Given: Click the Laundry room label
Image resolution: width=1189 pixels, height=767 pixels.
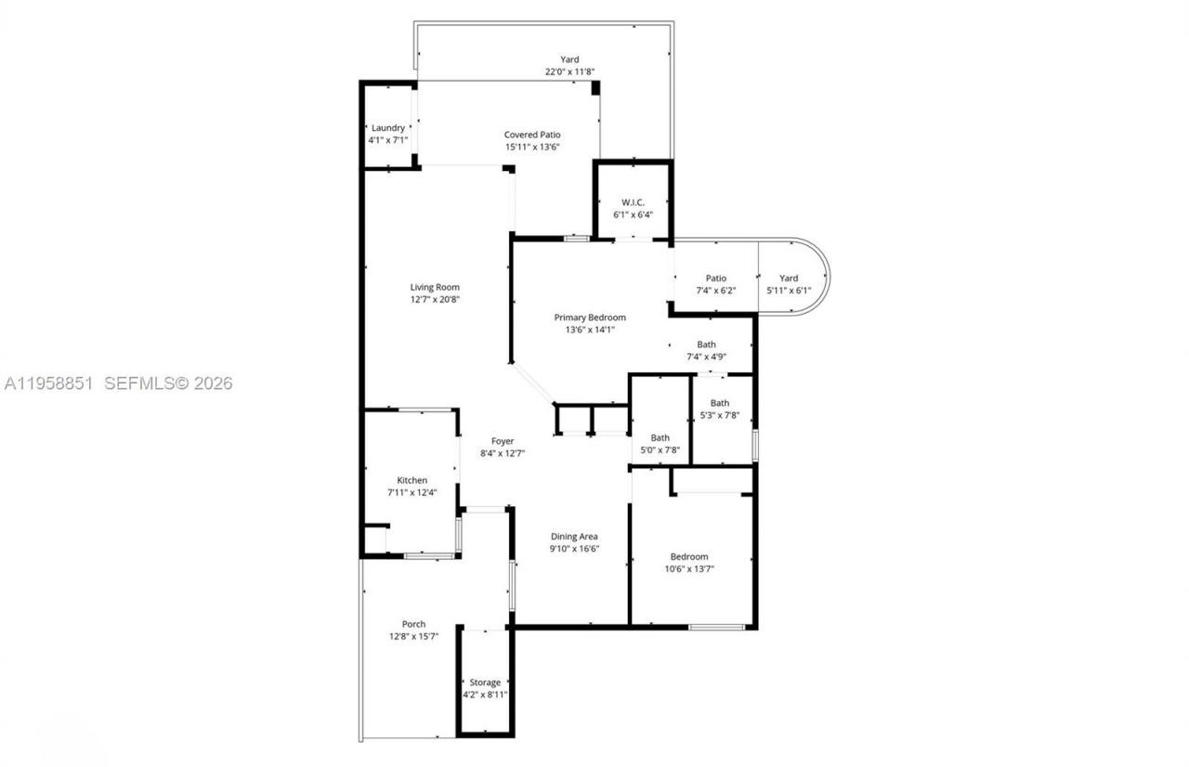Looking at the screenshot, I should tap(388, 128).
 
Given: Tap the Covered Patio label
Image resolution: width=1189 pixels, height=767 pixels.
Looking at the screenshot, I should tap(532, 135).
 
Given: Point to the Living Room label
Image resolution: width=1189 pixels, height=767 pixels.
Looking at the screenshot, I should tap(435, 287).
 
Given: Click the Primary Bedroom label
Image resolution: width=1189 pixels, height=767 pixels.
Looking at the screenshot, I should tap(590, 317).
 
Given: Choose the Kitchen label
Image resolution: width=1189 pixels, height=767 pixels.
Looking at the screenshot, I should tap(412, 480).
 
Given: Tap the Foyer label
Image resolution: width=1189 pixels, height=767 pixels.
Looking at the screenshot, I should tap(503, 441).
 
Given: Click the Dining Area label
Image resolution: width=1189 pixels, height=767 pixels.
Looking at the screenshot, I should tap(574, 536).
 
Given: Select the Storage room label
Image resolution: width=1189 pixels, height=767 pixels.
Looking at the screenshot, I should tap(485, 682).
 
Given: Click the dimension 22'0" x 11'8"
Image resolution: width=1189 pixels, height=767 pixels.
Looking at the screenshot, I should tap(569, 71).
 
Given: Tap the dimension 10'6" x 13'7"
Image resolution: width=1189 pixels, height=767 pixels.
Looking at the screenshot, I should tap(689, 568).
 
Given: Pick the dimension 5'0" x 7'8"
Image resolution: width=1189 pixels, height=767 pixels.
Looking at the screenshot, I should tap(660, 450).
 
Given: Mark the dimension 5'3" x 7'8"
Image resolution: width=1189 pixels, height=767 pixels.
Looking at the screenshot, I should tap(720, 415).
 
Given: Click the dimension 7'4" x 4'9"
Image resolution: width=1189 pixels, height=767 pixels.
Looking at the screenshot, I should tap(707, 357).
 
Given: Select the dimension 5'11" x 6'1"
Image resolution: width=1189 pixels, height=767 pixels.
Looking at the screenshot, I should tap(789, 290).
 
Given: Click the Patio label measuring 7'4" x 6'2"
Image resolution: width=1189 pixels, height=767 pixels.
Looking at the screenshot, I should tap(715, 278).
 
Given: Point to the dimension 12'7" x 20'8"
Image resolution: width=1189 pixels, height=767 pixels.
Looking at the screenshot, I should tap(435, 299).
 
